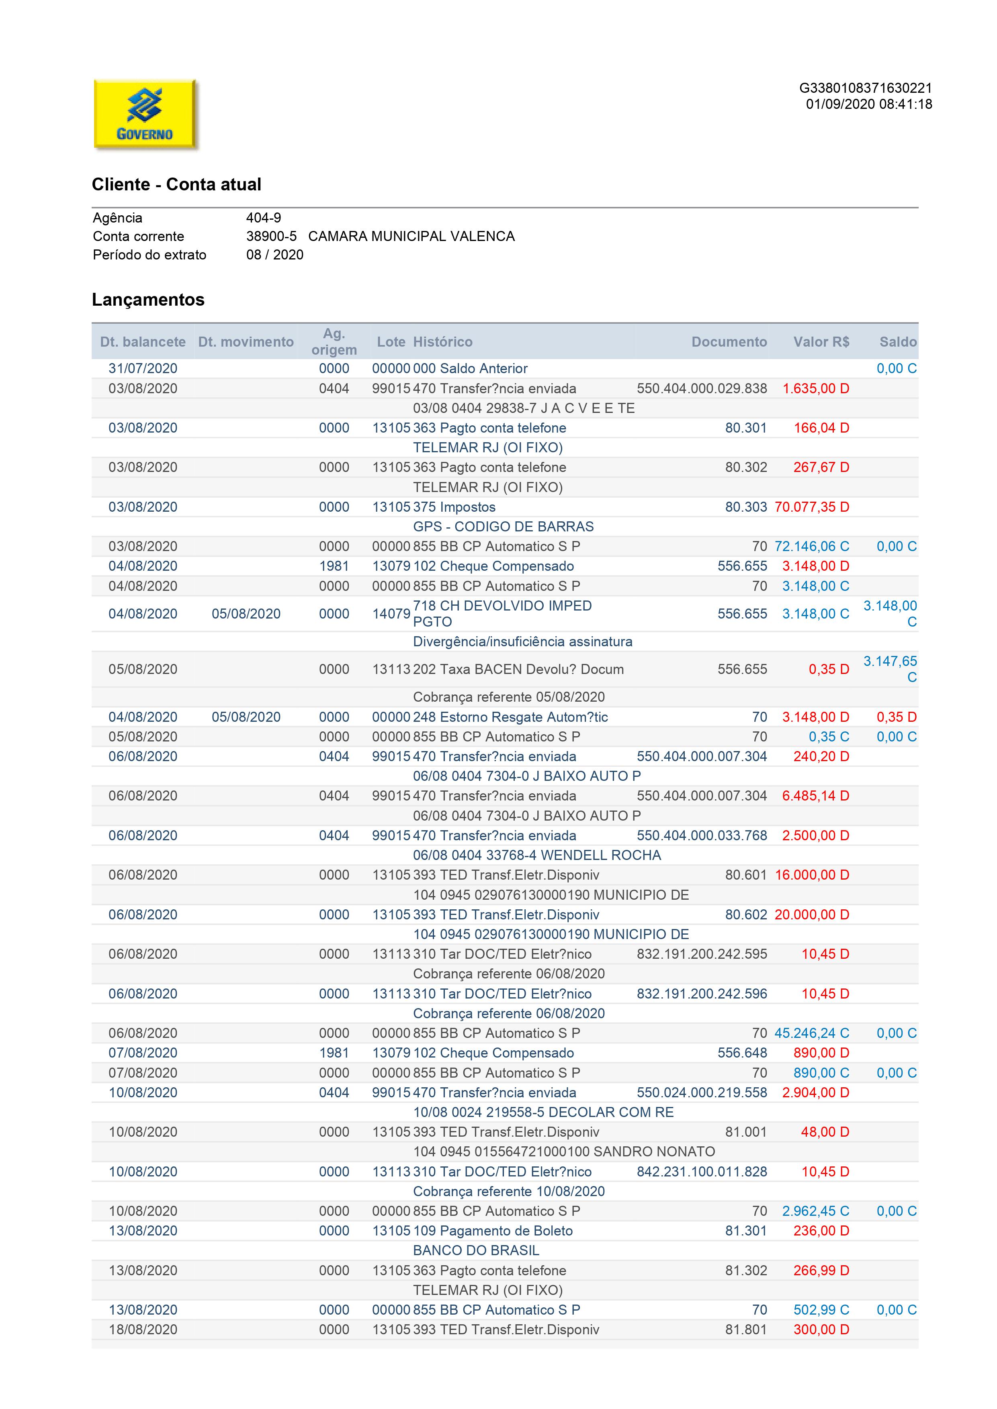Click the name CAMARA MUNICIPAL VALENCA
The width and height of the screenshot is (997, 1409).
411,236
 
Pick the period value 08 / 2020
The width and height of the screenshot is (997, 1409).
274,255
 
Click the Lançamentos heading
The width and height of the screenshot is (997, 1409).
148,300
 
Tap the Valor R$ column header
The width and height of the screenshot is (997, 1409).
821,342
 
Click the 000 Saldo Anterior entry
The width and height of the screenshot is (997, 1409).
470,368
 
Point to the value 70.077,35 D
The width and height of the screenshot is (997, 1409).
812,507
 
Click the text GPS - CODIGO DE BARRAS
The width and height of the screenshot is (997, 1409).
503,527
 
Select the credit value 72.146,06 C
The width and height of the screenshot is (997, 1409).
812,546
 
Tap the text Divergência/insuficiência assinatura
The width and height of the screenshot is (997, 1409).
522,641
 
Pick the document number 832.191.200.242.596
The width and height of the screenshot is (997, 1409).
702,994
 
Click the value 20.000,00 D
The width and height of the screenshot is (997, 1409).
812,915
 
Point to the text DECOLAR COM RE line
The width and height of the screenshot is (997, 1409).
543,1112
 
